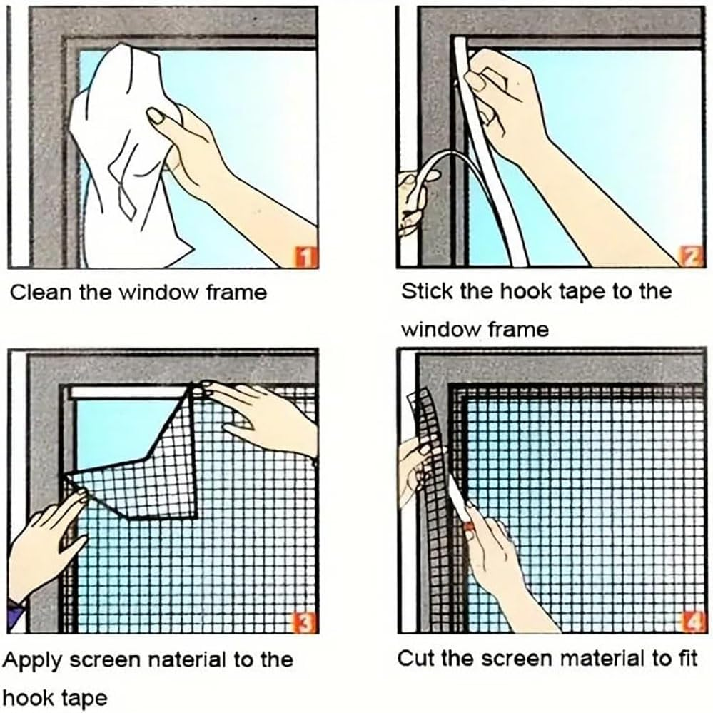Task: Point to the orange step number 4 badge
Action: (x=692, y=624)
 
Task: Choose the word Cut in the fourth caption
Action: (x=415, y=658)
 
